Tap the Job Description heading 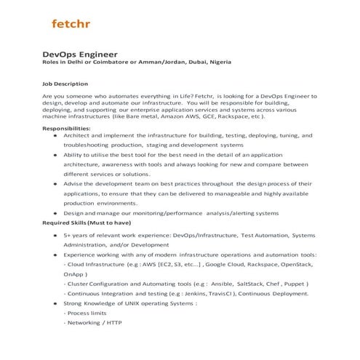(65, 83)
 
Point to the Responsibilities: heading (66, 127)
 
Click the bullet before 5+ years (57, 236)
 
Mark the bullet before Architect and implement (57, 135)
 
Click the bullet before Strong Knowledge (57, 303)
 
